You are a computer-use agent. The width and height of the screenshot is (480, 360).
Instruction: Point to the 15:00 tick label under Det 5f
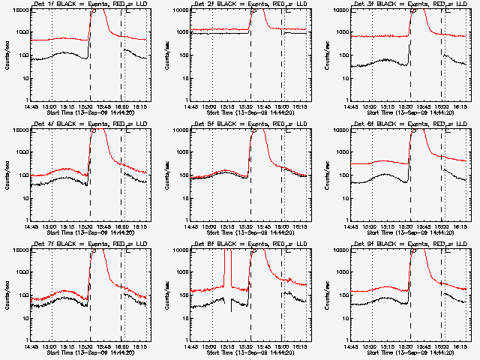(x=211, y=227)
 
